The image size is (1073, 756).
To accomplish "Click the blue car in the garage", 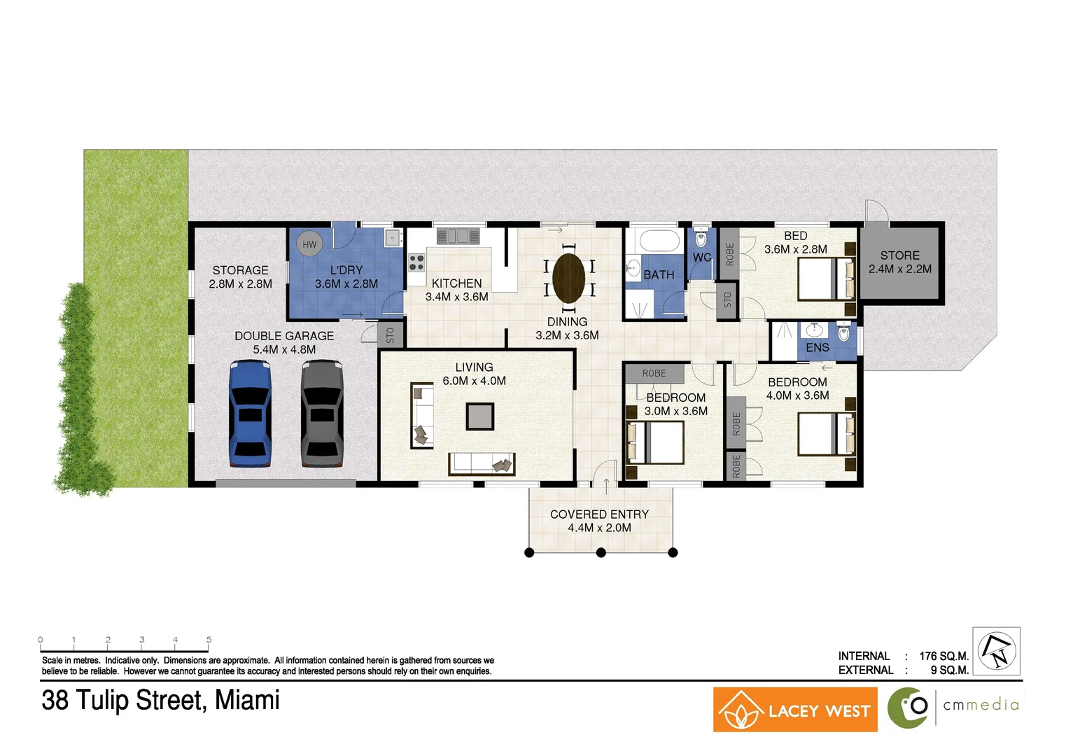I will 250,413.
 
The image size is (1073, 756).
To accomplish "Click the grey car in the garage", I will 322,413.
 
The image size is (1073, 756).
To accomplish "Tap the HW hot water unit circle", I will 309,244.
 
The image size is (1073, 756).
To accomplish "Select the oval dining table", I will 568,278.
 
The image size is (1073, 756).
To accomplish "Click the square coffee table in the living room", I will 480,416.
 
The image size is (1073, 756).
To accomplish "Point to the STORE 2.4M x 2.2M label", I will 900,262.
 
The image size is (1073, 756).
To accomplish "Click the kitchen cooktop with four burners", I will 416,262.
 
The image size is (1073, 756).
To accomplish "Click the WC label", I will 702,257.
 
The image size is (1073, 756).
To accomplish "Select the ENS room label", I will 818,347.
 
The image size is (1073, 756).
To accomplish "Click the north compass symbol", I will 997,650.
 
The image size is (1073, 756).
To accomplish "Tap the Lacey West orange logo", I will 795,710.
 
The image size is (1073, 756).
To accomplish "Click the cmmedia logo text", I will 981,705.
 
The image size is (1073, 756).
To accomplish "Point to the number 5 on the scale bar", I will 209,640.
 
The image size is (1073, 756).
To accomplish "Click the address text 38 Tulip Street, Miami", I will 161,700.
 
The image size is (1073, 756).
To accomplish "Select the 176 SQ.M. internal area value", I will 944,656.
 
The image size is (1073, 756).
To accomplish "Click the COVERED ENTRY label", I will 599,514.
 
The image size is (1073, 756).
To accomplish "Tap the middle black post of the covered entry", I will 601,553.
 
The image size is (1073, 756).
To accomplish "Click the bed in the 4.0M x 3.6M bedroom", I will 826,434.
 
